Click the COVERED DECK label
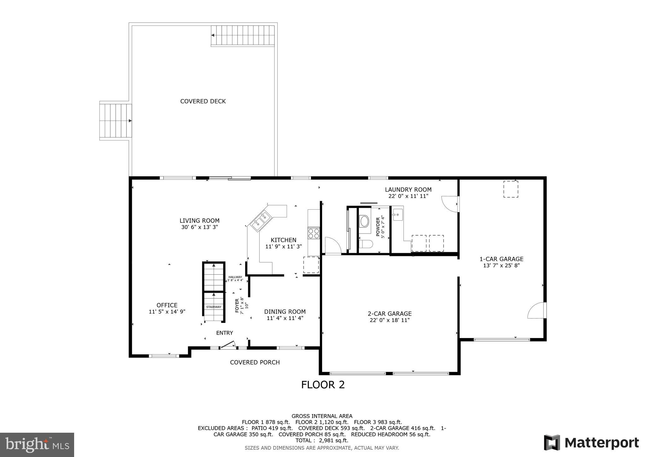(x=203, y=101)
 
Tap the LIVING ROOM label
(x=199, y=221)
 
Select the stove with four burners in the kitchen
(x=314, y=234)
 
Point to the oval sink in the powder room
(x=364, y=222)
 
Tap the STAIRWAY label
(x=214, y=307)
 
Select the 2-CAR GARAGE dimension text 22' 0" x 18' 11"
(x=390, y=320)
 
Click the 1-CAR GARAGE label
(x=501, y=259)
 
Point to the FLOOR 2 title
(x=323, y=385)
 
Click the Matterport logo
(x=591, y=442)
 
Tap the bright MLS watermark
(x=37, y=445)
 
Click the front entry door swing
(x=228, y=344)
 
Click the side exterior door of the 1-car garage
(x=537, y=311)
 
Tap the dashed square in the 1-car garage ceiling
(x=510, y=189)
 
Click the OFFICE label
(x=167, y=305)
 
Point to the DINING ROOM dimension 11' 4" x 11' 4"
(x=285, y=318)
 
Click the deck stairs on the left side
(x=115, y=121)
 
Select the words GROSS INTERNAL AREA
(x=322, y=416)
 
